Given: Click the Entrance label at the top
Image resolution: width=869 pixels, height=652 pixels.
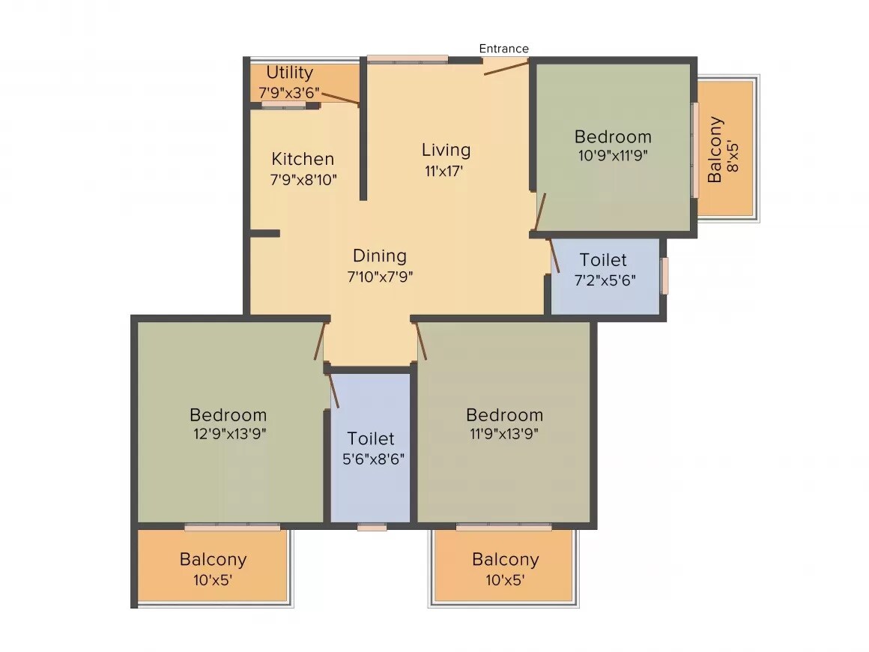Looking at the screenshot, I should pos(503,49).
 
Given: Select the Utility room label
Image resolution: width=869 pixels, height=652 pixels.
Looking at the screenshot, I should pos(289,73).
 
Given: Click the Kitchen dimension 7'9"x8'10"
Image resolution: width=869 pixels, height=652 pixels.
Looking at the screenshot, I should pos(303,179).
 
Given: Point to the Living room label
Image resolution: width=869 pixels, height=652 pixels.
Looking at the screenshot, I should pos(446,150).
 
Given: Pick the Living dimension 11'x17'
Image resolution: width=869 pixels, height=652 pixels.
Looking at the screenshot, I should pos(445,170).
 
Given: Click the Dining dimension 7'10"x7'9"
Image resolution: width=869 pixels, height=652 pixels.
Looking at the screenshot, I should pos(380,276).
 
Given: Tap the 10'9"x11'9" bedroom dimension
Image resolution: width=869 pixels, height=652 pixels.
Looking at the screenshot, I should pos(612,156).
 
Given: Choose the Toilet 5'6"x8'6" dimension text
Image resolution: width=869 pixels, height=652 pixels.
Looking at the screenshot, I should pos(373,459).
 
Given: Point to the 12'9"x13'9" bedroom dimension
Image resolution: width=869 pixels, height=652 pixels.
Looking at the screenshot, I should pos(228,433).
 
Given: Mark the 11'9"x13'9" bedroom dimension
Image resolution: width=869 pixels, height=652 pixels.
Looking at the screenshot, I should pos(503,433).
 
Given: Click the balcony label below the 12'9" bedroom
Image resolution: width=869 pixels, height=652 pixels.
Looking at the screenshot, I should pos(213,560).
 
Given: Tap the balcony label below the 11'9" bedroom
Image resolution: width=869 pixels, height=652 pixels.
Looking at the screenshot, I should pos(505,560).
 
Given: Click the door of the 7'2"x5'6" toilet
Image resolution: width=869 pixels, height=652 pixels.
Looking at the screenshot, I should pos(554,255).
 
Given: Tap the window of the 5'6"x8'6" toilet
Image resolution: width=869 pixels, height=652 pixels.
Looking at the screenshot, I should pos(372,527).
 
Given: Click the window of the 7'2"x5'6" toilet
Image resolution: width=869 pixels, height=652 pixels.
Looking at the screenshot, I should pos(664,276).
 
